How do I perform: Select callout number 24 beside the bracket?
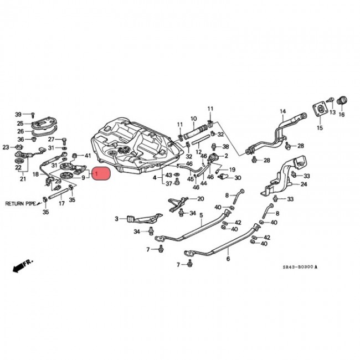point(304,184)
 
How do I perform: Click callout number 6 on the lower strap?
point(228,259)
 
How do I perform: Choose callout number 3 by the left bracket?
point(117,219)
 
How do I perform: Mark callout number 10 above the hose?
point(194,119)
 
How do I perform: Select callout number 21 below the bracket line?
point(23,179)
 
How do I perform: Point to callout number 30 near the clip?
point(238,178)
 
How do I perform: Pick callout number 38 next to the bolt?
point(225,147)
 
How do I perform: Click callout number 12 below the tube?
point(198,151)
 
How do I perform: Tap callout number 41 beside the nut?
point(87,156)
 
